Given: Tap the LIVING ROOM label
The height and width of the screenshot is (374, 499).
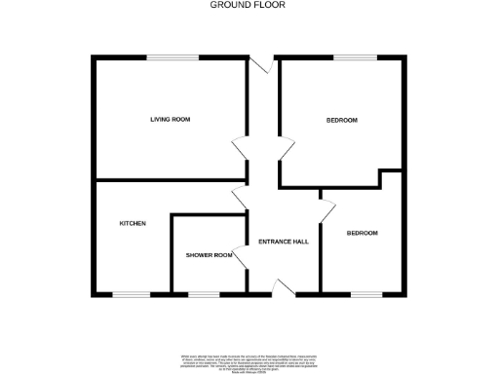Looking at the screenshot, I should [x=170, y=120].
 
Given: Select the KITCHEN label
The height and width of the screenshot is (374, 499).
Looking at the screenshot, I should [x=133, y=224].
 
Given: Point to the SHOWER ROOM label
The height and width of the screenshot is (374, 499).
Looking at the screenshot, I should [x=210, y=255].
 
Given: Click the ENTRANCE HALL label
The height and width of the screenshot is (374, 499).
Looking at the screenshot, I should [x=284, y=242].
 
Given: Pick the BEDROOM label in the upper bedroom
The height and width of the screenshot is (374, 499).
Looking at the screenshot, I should [x=342, y=120].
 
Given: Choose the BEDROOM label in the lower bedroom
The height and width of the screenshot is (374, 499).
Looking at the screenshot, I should [x=363, y=234].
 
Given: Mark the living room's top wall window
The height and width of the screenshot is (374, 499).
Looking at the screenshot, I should [x=173, y=57].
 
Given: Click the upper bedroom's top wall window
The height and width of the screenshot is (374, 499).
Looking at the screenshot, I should [x=349, y=57].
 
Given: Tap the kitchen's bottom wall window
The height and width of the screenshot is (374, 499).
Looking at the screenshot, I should [x=132, y=293].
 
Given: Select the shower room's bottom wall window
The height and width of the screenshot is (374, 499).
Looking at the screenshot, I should [x=204, y=293].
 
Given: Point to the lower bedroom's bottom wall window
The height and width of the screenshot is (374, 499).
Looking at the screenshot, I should [x=365, y=293].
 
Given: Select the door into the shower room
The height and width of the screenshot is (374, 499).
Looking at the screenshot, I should [x=240, y=257].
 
